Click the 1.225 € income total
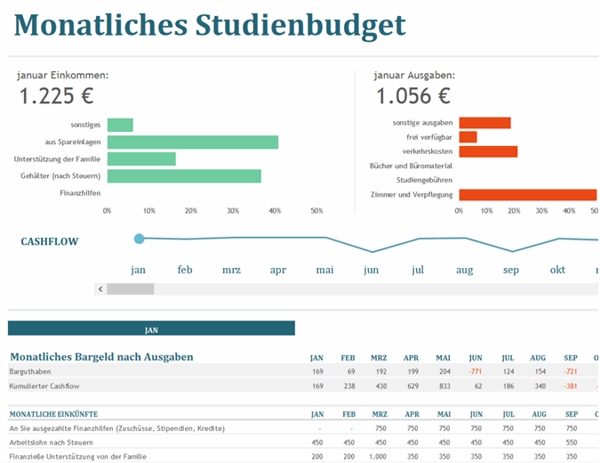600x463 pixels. [x=56, y=96]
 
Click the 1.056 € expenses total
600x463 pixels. [x=412, y=96]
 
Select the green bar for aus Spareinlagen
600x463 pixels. [x=193, y=142]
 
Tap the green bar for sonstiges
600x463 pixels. [x=120, y=125]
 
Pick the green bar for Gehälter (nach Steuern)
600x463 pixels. [x=184, y=176]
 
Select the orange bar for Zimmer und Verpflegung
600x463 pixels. [x=527, y=194]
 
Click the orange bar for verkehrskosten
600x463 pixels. [x=488, y=151]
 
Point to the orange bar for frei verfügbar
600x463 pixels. [x=468, y=137]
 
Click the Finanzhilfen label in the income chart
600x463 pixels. [x=80, y=192]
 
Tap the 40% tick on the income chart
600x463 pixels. [x=274, y=211]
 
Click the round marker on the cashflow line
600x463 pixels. [x=139, y=239]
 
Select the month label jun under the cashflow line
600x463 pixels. [x=371, y=270]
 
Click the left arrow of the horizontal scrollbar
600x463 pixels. [x=100, y=288]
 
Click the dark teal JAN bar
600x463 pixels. [x=151, y=329]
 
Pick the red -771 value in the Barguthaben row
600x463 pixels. [x=475, y=370]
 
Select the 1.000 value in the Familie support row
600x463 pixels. [x=379, y=457]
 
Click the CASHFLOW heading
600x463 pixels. [x=50, y=241]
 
